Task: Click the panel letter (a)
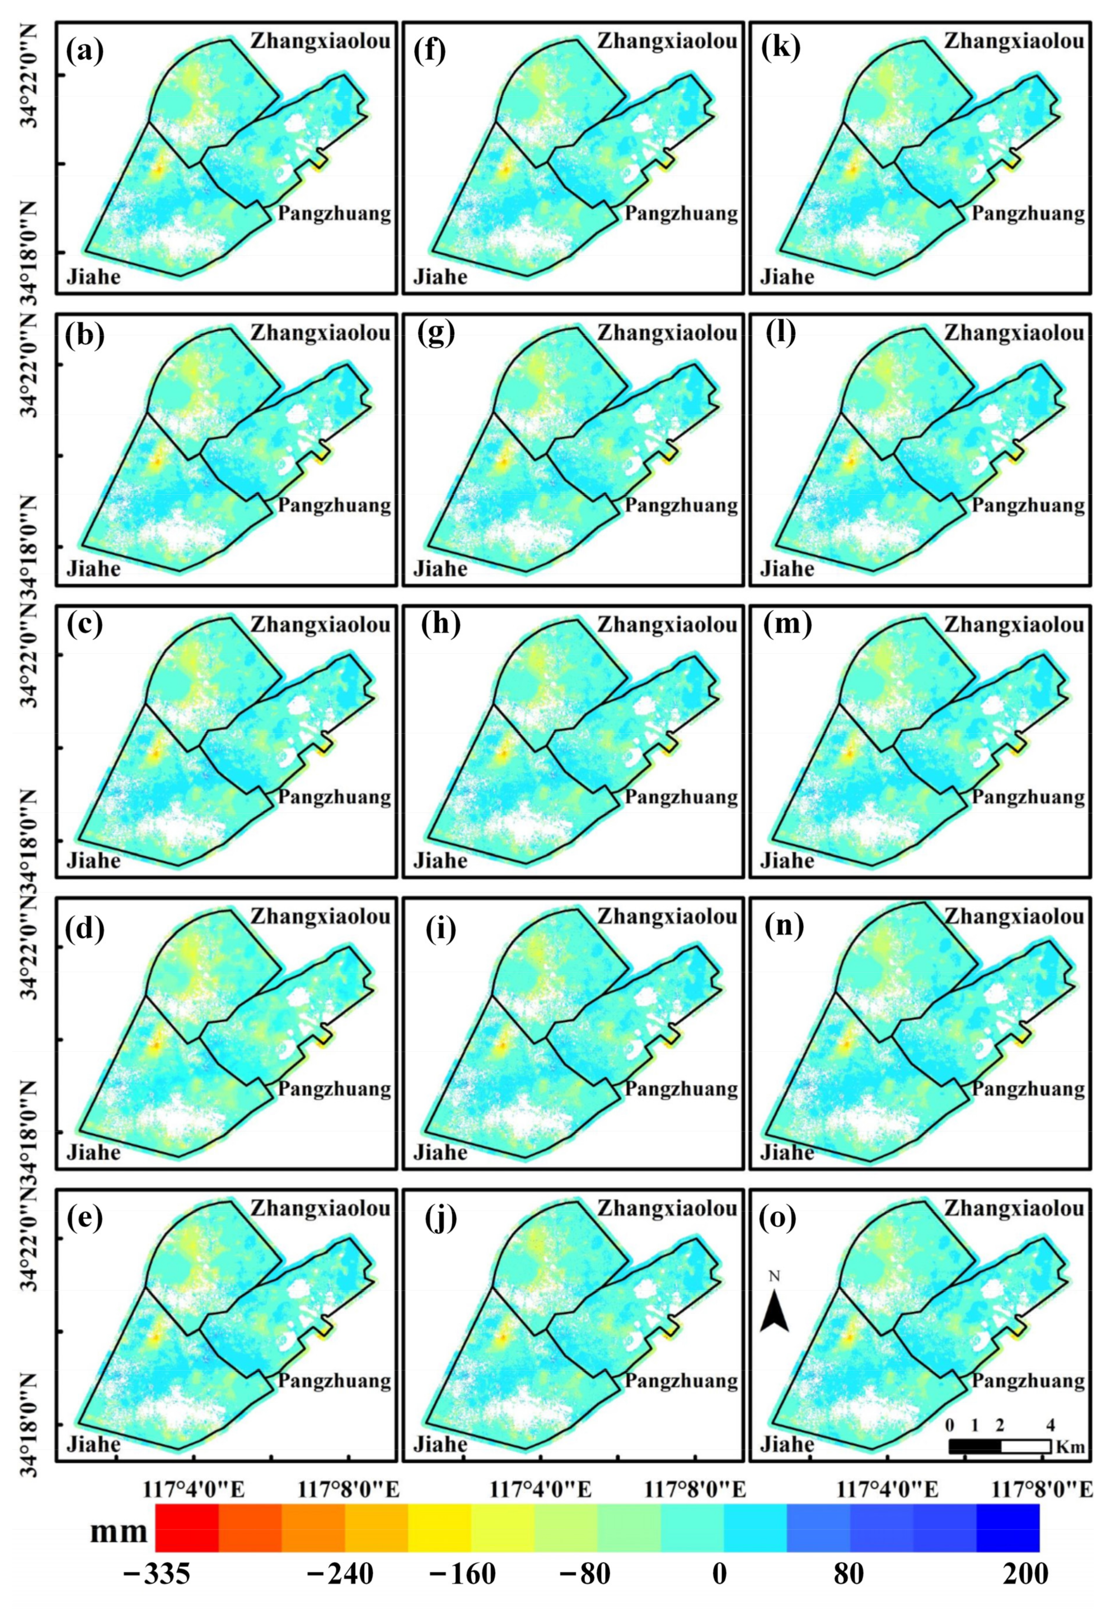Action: pyautogui.click(x=84, y=51)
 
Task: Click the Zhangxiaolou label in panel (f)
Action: pyautogui.click(x=667, y=41)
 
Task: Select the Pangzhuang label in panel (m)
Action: pyautogui.click(x=1028, y=796)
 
